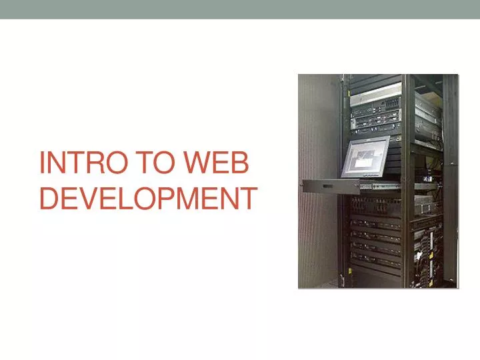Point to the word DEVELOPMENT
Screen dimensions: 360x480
pos(148,198)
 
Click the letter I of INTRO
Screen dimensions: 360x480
pos(43,164)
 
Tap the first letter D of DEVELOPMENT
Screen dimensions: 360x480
pos(49,198)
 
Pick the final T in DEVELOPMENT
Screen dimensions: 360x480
pos(248,198)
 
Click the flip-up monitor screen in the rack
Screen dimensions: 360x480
pos(365,157)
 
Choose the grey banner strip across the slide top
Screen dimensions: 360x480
pos(240,9)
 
